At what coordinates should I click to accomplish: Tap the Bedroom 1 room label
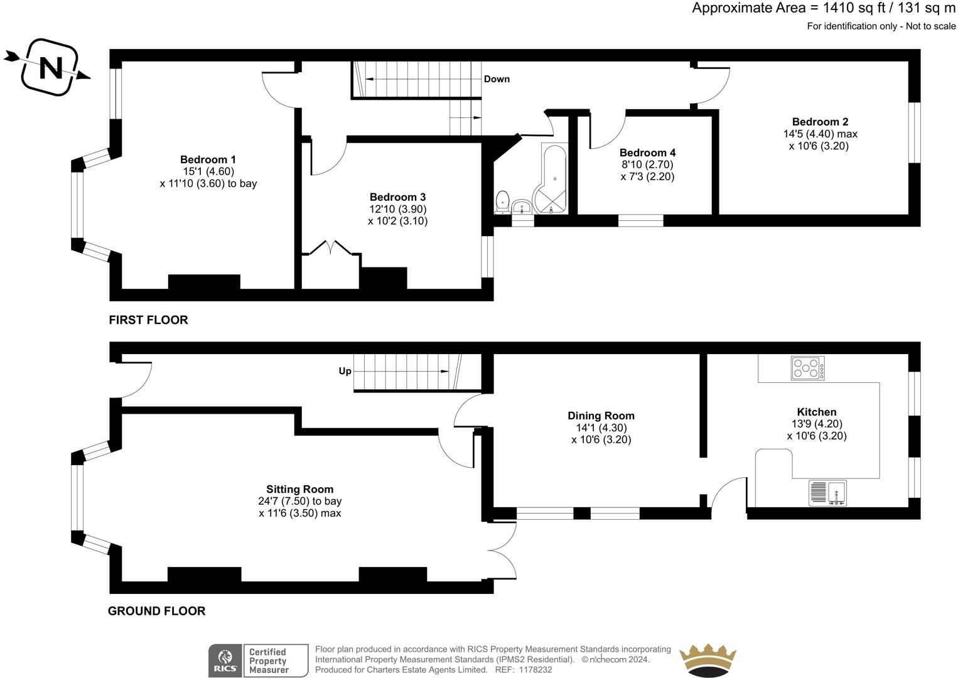tap(208, 159)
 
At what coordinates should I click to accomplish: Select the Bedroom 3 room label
tap(397, 197)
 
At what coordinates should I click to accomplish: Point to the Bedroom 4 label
tap(647, 153)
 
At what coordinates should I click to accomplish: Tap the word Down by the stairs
tap(497, 79)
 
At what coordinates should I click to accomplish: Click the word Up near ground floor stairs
tap(345, 371)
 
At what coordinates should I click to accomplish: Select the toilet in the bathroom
tap(502, 201)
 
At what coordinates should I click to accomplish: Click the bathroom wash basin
tap(522, 206)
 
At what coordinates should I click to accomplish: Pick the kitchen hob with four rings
tap(808, 367)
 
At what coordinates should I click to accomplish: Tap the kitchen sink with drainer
tap(828, 493)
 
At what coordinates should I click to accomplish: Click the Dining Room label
tap(601, 416)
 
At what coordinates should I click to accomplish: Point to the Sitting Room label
tap(299, 489)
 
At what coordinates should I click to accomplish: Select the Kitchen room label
tap(816, 412)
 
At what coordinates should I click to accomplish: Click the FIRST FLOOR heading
tap(148, 320)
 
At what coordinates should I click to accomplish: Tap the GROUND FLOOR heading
tap(156, 611)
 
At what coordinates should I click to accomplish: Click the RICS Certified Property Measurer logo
tap(258, 660)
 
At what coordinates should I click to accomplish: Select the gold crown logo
tap(708, 660)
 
